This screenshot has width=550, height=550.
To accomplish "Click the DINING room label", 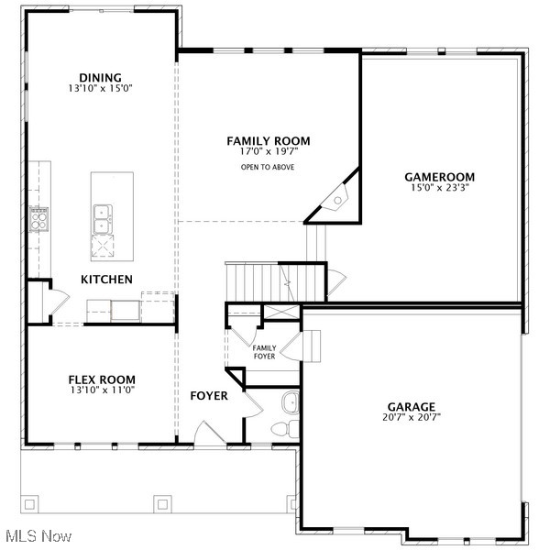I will point(100,78).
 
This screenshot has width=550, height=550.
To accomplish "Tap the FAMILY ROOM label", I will point(269,140).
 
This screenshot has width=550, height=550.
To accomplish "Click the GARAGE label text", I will point(411,407).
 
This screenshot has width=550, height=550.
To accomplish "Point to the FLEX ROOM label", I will point(102,379).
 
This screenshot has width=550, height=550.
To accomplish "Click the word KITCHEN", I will point(107,279).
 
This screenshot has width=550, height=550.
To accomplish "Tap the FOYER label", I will point(209,396).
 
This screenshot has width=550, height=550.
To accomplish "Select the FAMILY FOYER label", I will point(265,352).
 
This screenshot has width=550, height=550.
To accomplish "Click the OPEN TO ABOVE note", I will point(268,168).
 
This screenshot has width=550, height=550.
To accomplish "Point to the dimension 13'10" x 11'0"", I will point(102,390).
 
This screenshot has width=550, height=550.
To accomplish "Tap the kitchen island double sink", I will point(103,219).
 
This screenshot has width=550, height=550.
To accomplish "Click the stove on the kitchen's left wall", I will point(39,218).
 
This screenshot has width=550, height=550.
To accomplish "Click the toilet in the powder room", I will point(280,429).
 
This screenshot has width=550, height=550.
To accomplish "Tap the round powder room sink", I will point(290,401).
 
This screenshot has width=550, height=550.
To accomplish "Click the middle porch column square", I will point(163,502).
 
